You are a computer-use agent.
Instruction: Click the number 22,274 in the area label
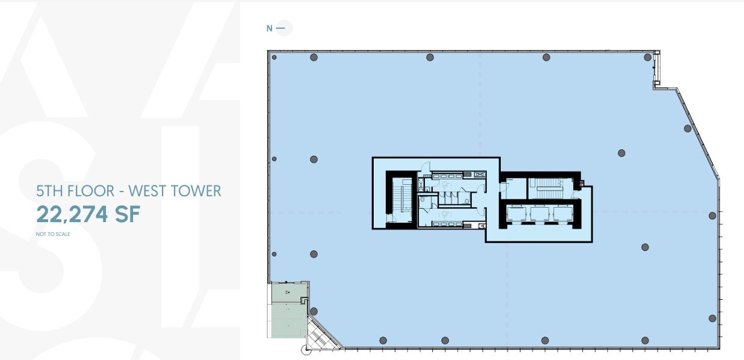click(78, 215)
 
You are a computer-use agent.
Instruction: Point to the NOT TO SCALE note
click(53, 234)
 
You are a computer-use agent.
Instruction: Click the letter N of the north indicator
click(269, 28)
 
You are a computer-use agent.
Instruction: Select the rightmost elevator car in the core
click(562, 214)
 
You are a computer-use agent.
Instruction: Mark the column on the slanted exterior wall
click(687, 128)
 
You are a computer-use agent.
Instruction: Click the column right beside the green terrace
click(314, 311)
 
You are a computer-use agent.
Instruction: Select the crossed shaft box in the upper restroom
click(480, 174)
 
